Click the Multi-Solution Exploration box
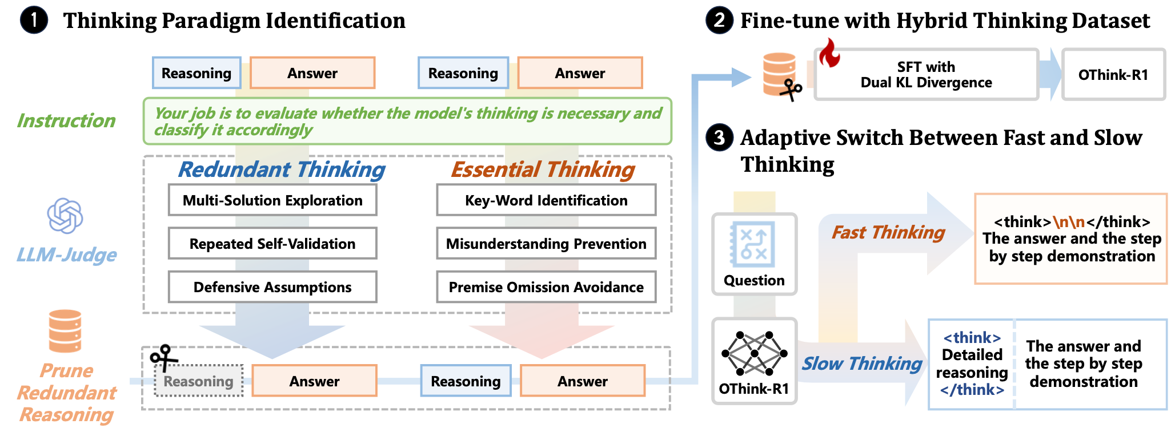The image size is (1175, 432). point(272,200)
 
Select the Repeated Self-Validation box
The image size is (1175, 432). point(272,244)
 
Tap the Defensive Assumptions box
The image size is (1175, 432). point(272,287)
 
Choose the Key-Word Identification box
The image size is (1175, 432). point(546,200)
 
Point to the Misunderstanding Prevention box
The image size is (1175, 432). point(546,244)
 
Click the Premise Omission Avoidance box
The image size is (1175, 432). point(546,287)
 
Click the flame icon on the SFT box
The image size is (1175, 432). point(829,53)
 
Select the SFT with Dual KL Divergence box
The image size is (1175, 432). point(926,75)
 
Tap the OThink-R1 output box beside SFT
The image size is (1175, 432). point(1113,75)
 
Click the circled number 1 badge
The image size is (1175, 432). point(34,21)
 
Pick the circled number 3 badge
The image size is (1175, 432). point(719,138)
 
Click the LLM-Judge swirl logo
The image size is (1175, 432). point(65,216)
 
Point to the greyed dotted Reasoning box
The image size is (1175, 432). point(199,381)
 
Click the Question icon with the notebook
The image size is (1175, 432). point(754,244)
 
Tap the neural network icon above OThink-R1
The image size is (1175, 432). point(754,353)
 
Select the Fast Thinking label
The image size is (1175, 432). point(888,232)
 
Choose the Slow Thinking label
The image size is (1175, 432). point(861,364)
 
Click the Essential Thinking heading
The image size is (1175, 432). point(543,169)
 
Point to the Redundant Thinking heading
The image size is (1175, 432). point(282,169)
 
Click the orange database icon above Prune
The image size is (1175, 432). point(65,331)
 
